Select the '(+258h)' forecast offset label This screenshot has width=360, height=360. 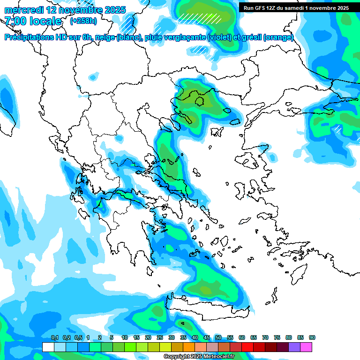(x=84, y=21)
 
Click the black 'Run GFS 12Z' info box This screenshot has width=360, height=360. (x=296, y=8)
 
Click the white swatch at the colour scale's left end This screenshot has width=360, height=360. (x=48, y=347)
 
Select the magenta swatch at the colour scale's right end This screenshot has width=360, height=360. (x=307, y=347)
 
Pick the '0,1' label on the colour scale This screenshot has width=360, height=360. (x=55, y=337)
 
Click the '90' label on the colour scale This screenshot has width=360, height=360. (x=312, y=337)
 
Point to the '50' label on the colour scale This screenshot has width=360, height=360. (x=218, y=337)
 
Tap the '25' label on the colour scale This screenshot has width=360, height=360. (x=160, y=337)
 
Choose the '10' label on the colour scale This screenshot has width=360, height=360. (x=125, y=337)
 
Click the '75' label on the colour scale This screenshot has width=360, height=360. (x=277, y=337)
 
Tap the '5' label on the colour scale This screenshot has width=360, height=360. (x=112, y=337)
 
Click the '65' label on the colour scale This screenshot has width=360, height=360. (x=254, y=337)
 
